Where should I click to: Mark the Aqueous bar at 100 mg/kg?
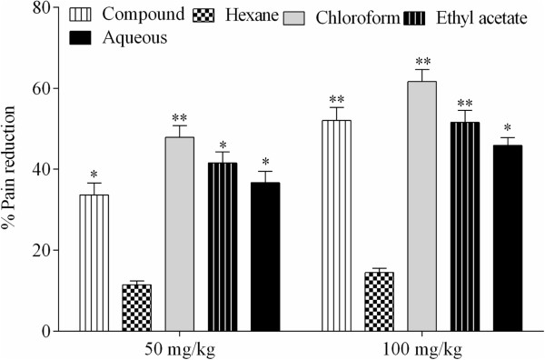coord(507,237)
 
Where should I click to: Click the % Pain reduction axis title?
coord(11,169)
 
